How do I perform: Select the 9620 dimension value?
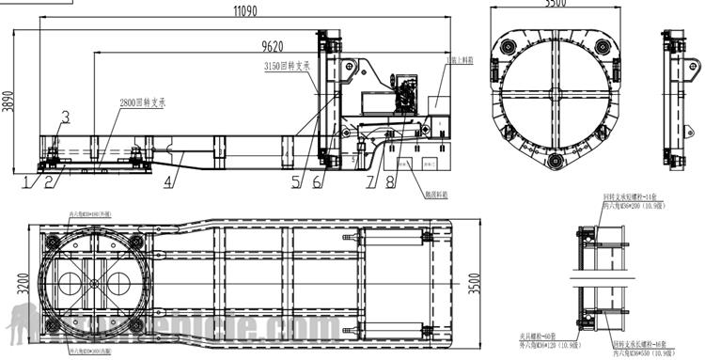point(274,45)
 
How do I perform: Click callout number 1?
point(26,181)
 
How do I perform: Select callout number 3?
point(65,116)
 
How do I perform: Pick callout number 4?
point(168,181)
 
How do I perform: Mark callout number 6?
point(317,182)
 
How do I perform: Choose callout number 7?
point(369,182)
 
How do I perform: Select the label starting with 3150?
point(288,67)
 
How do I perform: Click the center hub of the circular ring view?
point(556,97)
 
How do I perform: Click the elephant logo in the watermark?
point(25,324)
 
